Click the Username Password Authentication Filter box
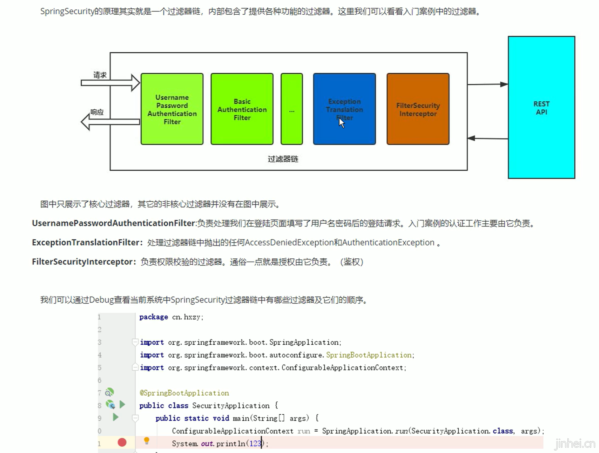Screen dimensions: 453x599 [172, 109]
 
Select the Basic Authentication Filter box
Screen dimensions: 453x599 [242, 109]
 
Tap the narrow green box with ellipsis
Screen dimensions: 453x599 [291, 109]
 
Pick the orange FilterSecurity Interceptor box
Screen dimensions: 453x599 [418, 109]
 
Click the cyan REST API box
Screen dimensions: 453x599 [541, 108]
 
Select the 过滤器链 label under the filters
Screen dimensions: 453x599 [283, 159]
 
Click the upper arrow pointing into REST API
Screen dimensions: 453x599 [487, 84]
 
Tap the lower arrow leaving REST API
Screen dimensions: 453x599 [487, 138]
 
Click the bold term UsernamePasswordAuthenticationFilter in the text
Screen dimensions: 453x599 [113, 223]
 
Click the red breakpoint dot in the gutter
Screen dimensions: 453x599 [122, 442]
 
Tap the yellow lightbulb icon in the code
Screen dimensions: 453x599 [147, 441]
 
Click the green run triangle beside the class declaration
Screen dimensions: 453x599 [122, 405]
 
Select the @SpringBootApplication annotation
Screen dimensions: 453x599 [184, 393]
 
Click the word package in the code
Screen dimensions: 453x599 [154, 317]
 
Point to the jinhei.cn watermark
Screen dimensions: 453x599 [575, 444]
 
